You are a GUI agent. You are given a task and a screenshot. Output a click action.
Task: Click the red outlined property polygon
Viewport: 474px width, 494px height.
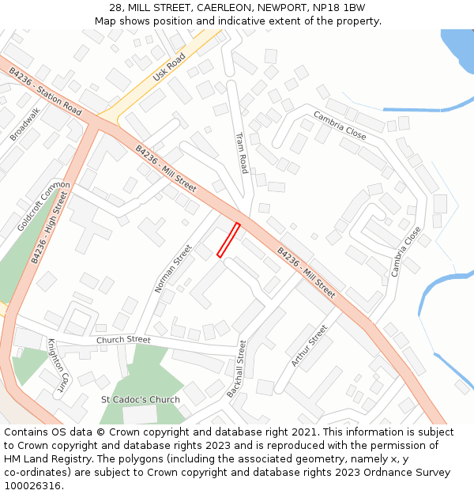(229, 239)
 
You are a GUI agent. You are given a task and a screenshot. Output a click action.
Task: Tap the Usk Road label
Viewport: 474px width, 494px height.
(169, 67)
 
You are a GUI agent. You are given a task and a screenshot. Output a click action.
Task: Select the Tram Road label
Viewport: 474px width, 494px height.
(242, 153)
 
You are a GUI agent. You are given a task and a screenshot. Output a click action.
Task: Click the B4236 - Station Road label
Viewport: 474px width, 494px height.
(45, 91)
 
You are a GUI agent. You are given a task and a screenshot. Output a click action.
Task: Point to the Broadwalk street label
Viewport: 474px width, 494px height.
(24, 124)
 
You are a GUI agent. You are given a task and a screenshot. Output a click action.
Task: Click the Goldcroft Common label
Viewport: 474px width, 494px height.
(43, 206)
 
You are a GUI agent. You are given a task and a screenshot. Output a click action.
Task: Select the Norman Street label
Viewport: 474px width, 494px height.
(173, 270)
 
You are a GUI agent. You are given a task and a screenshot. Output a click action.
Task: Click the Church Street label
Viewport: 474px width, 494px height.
(123, 340)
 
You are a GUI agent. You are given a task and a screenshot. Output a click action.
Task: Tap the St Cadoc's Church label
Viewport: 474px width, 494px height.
(141, 400)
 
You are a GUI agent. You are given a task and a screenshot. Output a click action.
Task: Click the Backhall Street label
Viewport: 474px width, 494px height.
(236, 369)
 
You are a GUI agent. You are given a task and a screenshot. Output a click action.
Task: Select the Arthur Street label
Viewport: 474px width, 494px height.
(309, 346)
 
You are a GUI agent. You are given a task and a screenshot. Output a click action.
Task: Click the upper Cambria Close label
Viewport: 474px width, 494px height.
(340, 125)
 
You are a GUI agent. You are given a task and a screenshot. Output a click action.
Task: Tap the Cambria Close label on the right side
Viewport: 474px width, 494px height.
(406, 251)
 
